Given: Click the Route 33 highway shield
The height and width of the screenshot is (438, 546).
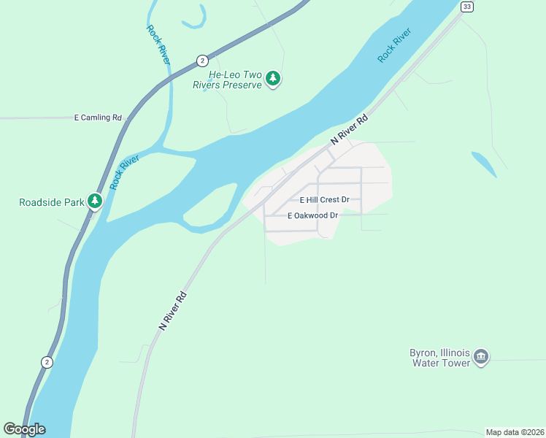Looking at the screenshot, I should [x=466, y=7].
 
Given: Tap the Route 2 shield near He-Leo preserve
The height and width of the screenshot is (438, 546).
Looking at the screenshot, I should [x=202, y=60].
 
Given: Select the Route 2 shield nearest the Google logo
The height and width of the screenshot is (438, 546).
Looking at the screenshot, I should [x=47, y=362].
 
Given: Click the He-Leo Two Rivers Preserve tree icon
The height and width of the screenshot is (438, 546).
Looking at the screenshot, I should [x=273, y=78].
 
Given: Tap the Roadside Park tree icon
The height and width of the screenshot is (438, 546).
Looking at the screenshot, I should [x=94, y=201].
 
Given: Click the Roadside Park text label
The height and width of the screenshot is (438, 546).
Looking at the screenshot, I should [x=51, y=202].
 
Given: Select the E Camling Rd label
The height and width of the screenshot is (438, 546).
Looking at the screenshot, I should [x=98, y=118].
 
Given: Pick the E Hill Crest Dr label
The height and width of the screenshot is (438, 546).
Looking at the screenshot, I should [x=325, y=199].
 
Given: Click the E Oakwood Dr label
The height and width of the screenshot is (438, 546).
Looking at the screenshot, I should [x=313, y=215].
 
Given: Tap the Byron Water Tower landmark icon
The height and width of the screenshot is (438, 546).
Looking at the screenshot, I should [x=480, y=356].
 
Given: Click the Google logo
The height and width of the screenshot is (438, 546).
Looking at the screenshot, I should [x=24, y=429].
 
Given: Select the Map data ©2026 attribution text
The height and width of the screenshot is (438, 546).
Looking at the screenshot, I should [x=515, y=432].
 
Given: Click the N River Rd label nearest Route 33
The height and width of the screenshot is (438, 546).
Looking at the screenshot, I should [x=348, y=128].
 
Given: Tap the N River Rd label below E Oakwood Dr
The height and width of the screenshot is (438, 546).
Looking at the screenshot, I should [x=174, y=312].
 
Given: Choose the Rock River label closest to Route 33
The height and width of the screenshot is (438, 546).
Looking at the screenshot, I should [x=395, y=45].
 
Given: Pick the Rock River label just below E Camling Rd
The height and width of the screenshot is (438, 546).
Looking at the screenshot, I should [x=125, y=172].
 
